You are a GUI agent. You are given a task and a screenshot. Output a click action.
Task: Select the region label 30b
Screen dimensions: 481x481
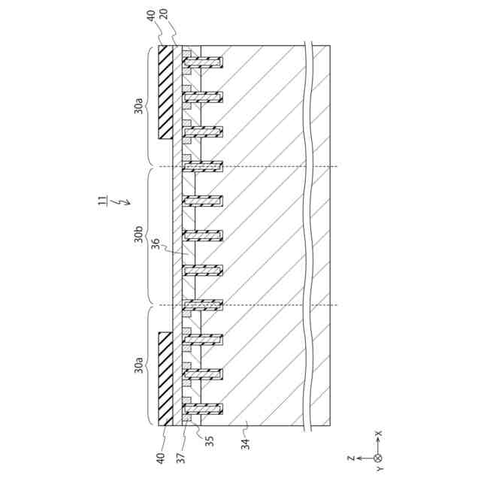(140, 237)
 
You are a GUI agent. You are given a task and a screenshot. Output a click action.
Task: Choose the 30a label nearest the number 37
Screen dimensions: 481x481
(140, 367)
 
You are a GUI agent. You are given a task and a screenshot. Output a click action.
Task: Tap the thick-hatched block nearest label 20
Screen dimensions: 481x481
(165, 92)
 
